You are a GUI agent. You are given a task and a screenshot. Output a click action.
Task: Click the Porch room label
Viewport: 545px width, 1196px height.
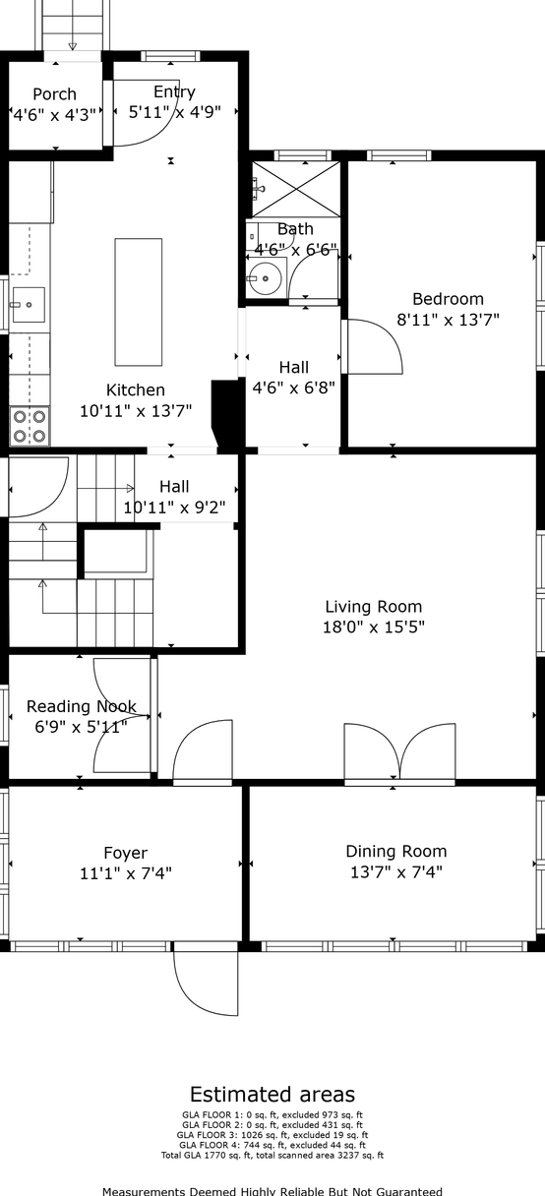point(54,94)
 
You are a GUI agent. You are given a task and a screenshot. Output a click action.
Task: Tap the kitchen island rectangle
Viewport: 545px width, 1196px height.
point(139,302)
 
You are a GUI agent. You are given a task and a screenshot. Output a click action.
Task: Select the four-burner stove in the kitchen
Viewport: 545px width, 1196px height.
point(30,426)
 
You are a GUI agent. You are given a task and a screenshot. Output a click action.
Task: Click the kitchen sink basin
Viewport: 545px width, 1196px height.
point(29,304)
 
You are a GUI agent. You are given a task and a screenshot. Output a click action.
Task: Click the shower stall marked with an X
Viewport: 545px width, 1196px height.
point(296,189)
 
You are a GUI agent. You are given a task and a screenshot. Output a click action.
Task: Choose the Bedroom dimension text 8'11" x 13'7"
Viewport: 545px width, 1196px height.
point(448,320)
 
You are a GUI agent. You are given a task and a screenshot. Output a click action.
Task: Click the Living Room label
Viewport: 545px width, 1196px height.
point(374,607)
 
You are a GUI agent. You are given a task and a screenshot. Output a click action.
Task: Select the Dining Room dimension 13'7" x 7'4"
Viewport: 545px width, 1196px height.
point(396,871)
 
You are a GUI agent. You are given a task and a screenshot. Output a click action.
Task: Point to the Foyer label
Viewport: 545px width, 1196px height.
point(126,853)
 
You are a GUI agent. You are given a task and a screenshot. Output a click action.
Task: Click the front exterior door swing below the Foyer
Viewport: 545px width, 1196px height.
point(206,983)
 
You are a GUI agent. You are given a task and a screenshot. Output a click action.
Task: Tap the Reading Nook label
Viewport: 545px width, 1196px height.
point(82,706)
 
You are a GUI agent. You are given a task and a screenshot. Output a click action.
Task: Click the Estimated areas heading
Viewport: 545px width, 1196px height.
point(272,1095)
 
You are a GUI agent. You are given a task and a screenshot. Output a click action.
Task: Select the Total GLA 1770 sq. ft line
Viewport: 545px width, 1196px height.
point(272,1156)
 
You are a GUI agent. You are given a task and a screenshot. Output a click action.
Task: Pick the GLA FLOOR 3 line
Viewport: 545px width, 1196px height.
point(272,1135)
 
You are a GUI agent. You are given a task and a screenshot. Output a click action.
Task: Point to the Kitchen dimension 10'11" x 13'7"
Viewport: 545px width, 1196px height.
point(136,410)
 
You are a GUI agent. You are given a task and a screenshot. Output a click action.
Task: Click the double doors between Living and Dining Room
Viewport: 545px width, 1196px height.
point(399,753)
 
